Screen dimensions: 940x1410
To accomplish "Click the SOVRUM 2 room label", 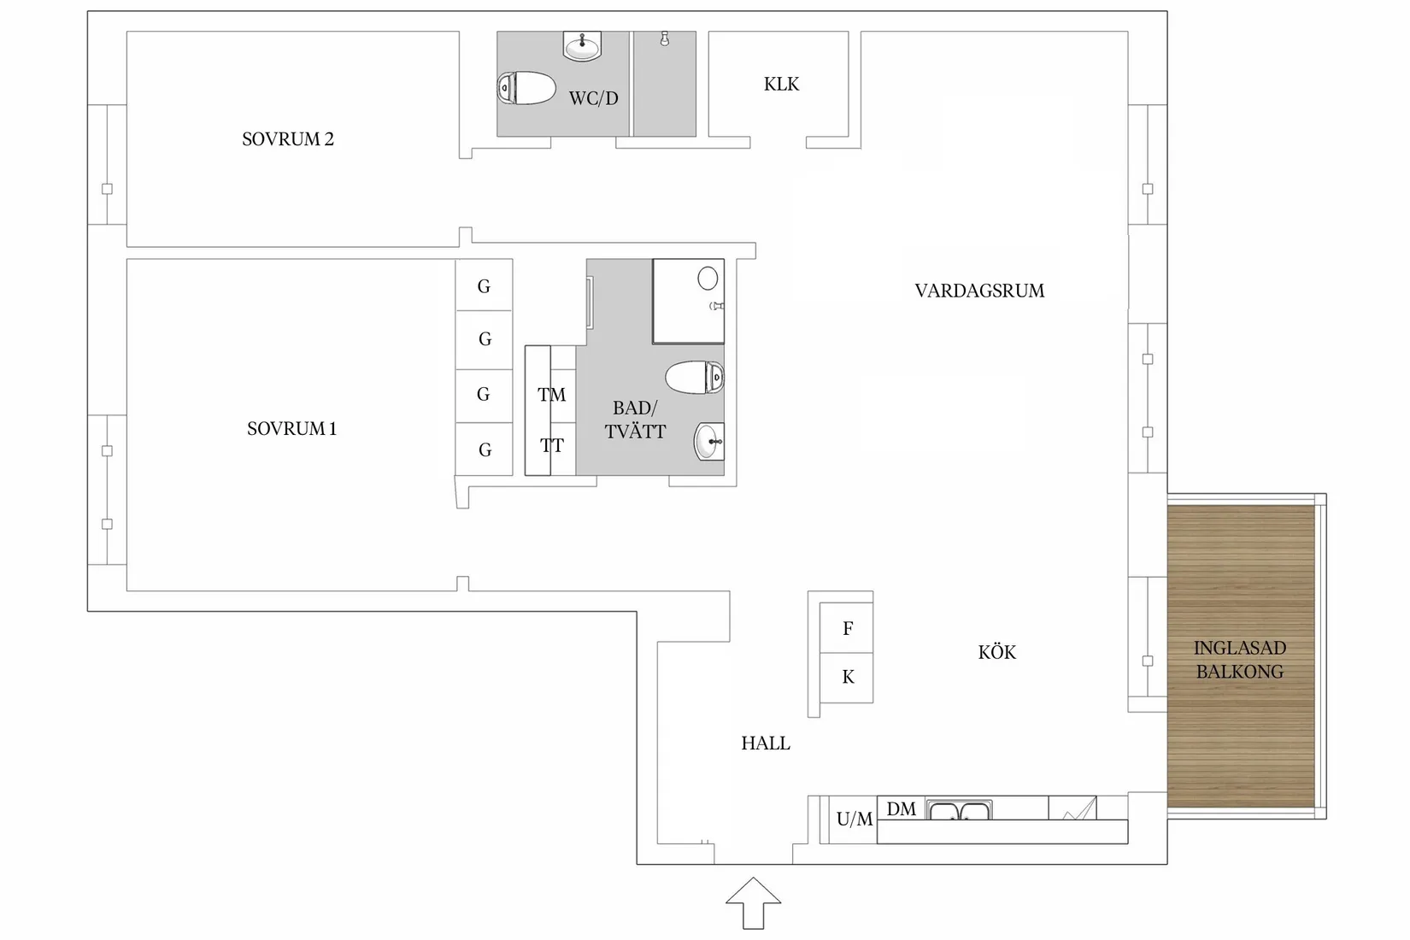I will point(287,139).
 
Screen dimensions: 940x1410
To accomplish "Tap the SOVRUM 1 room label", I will point(291,429).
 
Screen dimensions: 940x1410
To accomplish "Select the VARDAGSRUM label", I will point(979,291).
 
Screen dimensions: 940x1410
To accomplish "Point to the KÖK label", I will point(996,653).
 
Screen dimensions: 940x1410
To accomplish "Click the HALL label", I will point(765,743).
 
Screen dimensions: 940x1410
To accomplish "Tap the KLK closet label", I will point(781,84).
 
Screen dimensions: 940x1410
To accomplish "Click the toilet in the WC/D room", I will point(526,88).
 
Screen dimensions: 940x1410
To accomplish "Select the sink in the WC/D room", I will point(583,46).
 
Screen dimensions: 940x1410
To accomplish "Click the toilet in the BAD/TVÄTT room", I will point(695,377).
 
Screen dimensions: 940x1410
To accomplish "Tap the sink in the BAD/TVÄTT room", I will point(709,442).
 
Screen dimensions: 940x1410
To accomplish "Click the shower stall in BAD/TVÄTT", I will point(688,301).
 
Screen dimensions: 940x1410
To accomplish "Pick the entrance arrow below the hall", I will point(753,902).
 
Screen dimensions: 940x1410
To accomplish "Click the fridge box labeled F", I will point(847,628).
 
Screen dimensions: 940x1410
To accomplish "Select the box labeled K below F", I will point(847,678).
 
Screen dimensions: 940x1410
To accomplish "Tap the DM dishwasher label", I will point(901,808).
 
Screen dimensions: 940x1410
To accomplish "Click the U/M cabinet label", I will point(854,820).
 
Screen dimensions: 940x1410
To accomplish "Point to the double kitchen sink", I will point(959,810).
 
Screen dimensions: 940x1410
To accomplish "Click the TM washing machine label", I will point(551,395).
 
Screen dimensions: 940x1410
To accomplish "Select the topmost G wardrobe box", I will point(484,286).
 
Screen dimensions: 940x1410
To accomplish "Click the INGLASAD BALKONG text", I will point(1239,660).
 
